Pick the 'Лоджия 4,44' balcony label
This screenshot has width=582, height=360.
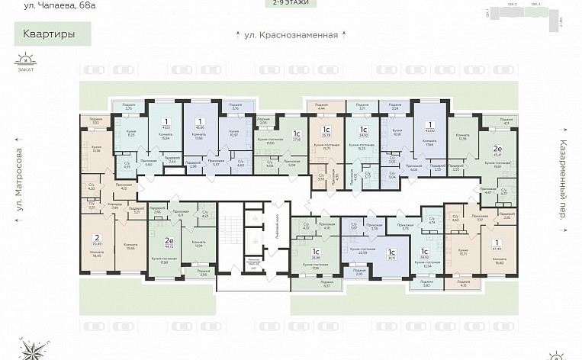(x=317, y=108)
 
